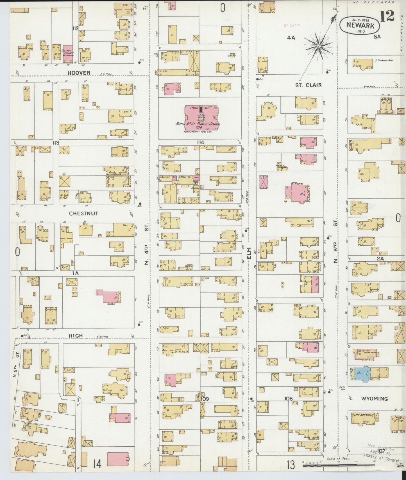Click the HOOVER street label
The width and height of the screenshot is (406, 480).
pos(79,73)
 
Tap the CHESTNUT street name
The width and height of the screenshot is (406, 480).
pos(83,214)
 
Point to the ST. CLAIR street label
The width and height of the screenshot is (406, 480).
pos(308,85)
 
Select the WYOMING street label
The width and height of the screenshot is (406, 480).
pos(375,399)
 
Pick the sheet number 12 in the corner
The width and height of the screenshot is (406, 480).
pos(388,16)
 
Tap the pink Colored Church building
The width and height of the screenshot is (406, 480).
pos(67,53)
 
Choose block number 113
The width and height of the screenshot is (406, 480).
pos(55,143)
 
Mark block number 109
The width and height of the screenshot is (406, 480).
pos(205,399)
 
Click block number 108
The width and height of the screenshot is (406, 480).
pos(288,399)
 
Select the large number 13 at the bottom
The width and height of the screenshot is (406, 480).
pos(291,465)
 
